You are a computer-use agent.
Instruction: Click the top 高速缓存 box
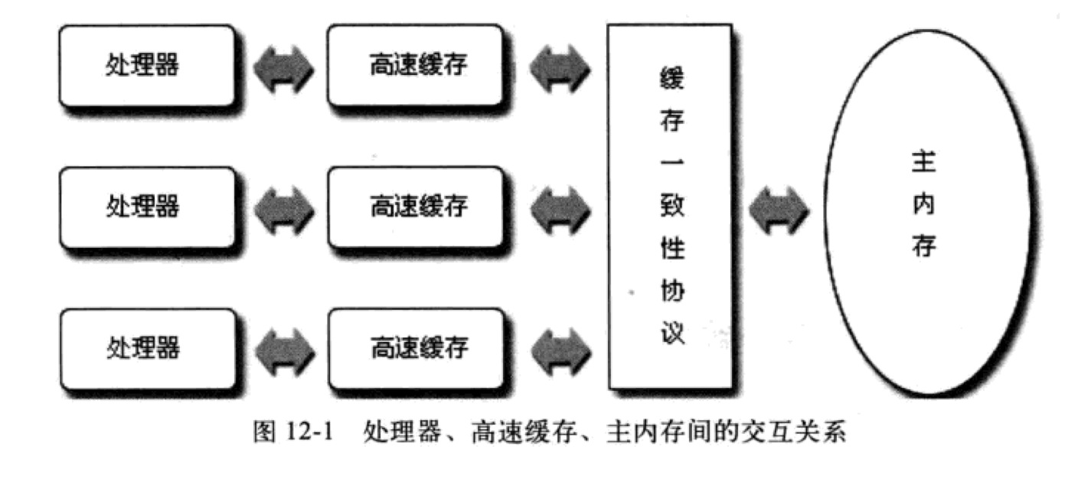[x=417, y=66]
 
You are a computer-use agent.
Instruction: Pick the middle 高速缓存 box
[x=417, y=207]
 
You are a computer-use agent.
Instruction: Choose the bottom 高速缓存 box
[x=417, y=348]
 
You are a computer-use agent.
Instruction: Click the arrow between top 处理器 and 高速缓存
[x=283, y=67]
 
